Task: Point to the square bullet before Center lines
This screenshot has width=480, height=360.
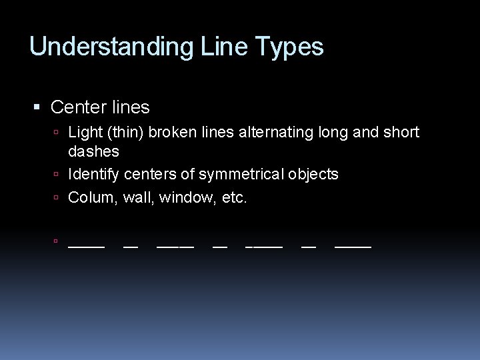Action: coord(37,107)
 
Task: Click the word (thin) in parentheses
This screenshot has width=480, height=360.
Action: coord(125,133)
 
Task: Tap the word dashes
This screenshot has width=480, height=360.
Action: coord(93,152)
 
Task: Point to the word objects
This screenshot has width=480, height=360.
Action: coord(313,175)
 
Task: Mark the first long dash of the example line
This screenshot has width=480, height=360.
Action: coord(87,247)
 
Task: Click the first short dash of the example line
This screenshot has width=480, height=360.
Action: coord(131,247)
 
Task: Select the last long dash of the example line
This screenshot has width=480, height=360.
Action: coord(353,247)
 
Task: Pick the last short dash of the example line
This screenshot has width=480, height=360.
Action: coord(309,247)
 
